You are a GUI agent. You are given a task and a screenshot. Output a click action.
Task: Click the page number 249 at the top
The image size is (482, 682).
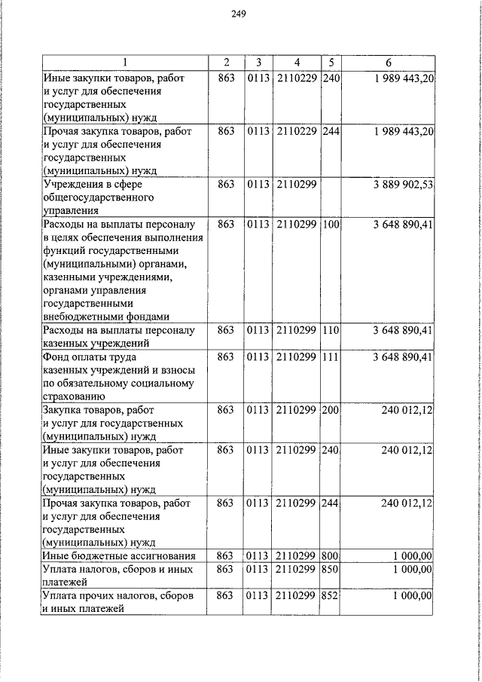tap(239, 13)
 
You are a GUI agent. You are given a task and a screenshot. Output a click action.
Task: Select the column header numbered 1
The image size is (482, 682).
tap(125, 62)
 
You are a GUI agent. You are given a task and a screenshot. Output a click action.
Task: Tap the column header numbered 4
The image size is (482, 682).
tap(297, 62)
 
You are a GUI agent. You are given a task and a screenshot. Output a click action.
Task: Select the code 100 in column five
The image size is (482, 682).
tap(331, 225)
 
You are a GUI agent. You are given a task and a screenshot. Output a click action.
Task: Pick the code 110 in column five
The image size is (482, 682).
tap(331, 330)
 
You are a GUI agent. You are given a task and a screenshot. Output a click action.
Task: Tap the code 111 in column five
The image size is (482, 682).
tap(331, 356)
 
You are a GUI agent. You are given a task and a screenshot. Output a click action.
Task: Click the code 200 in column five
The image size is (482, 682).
tap(331, 410)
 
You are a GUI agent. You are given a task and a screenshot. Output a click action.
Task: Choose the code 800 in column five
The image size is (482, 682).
tap(331, 556)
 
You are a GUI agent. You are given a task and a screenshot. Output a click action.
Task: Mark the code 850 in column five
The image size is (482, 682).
tap(331, 569)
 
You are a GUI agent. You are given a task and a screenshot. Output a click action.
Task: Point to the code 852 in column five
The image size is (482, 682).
tap(331, 596)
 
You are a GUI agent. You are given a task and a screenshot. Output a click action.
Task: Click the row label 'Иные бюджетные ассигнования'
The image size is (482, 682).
tap(119, 556)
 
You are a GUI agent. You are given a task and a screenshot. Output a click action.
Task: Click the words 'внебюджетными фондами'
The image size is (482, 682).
tap(105, 317)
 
